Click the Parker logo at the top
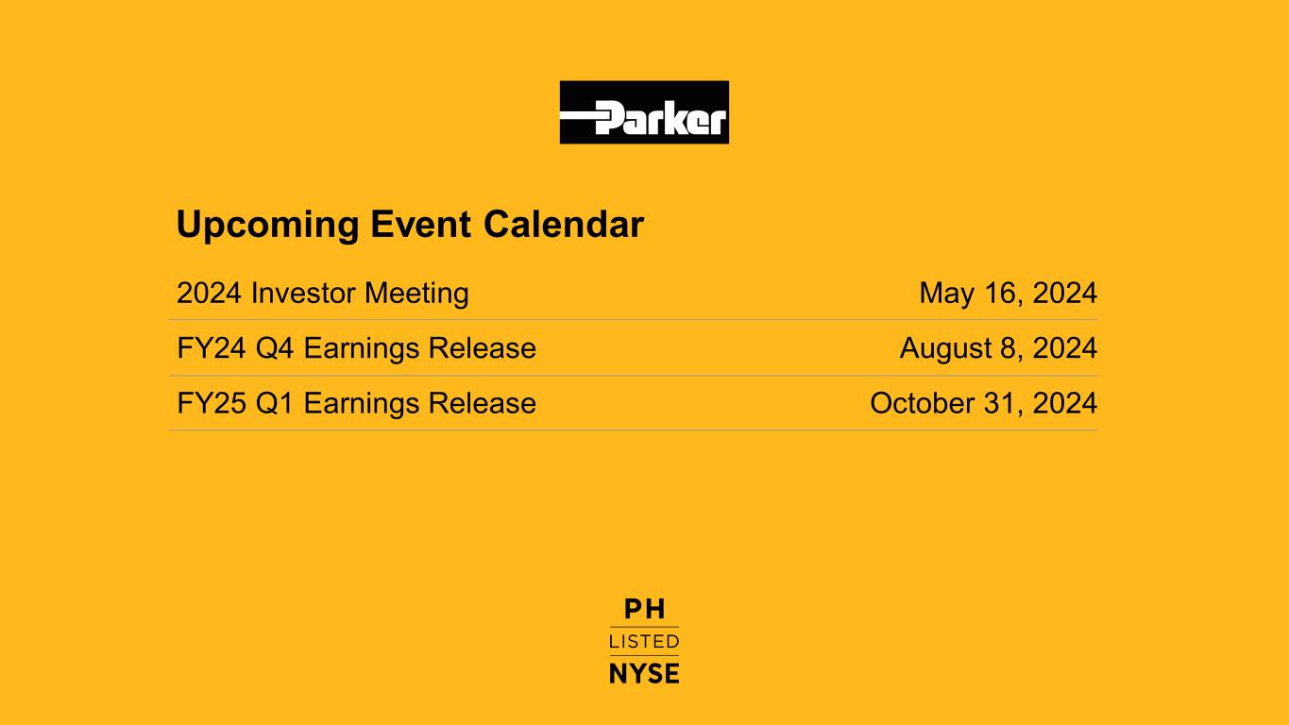(644, 112)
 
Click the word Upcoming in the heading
(267, 225)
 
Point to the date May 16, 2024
(1009, 294)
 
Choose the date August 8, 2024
(998, 348)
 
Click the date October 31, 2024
(983, 403)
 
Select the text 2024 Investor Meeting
(323, 294)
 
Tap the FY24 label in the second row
(212, 348)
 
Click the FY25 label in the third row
(212, 403)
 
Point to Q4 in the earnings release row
(275, 348)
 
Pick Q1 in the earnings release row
(275, 403)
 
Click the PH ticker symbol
(644, 609)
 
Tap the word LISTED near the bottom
(644, 642)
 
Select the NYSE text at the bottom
(644, 674)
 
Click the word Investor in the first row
(303, 293)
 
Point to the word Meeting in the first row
(416, 294)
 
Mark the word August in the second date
(946, 349)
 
